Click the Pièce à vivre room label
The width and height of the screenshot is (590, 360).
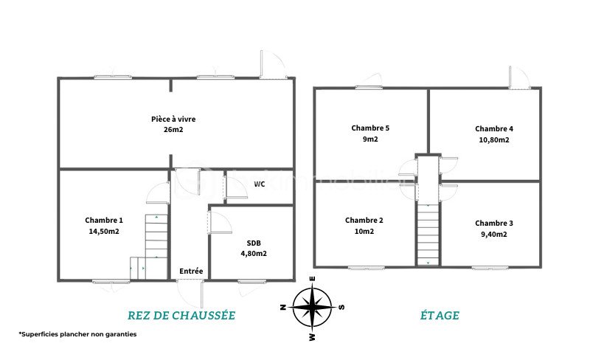pos(173,120)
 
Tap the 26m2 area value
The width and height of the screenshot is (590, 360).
pos(173,130)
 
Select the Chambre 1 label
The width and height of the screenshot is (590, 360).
pos(104,221)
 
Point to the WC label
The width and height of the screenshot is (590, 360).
pos(260,184)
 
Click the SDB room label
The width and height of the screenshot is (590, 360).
pos(254,243)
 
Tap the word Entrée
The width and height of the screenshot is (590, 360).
pos(191,271)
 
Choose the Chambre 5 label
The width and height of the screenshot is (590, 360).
pos(370,128)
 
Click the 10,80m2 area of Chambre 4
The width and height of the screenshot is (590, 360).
pos(494,139)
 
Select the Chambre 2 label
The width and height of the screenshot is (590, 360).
pos(364,221)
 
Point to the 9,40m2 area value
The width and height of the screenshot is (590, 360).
pos(494,235)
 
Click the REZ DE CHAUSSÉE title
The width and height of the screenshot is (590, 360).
pos(181,315)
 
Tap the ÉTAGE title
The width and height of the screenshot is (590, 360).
pos(440,315)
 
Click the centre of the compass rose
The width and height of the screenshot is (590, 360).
pos(312,307)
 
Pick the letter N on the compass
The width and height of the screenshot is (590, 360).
pos(283,307)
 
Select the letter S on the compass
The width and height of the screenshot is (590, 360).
pos(341,307)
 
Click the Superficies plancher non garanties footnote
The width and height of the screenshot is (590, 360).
pos(77,334)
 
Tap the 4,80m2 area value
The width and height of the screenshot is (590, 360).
pos(254,254)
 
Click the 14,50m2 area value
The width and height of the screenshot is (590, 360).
pos(104,231)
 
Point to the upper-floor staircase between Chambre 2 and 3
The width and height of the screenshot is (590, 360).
pos(428,235)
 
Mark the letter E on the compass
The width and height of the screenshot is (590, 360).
pos(312,279)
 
